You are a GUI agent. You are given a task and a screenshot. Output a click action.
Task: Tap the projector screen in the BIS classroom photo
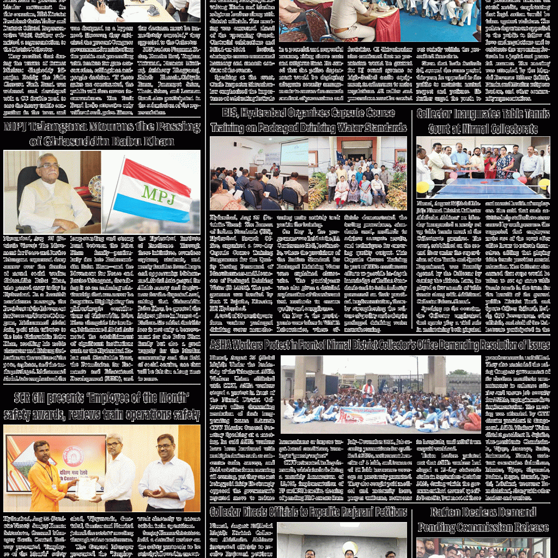pos(294,153)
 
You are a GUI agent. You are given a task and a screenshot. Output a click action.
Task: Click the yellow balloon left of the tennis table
pos(423,187)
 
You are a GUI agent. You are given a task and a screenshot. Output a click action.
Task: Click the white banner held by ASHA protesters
pos(361,415)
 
